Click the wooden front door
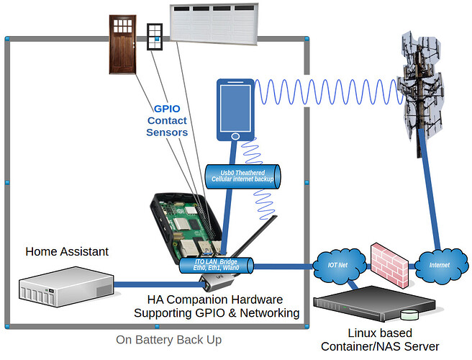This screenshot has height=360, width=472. (x=123, y=44)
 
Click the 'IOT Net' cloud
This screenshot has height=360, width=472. (x=337, y=265)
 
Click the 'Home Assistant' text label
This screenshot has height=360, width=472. (x=67, y=251)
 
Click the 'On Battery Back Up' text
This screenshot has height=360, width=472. (x=169, y=339)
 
